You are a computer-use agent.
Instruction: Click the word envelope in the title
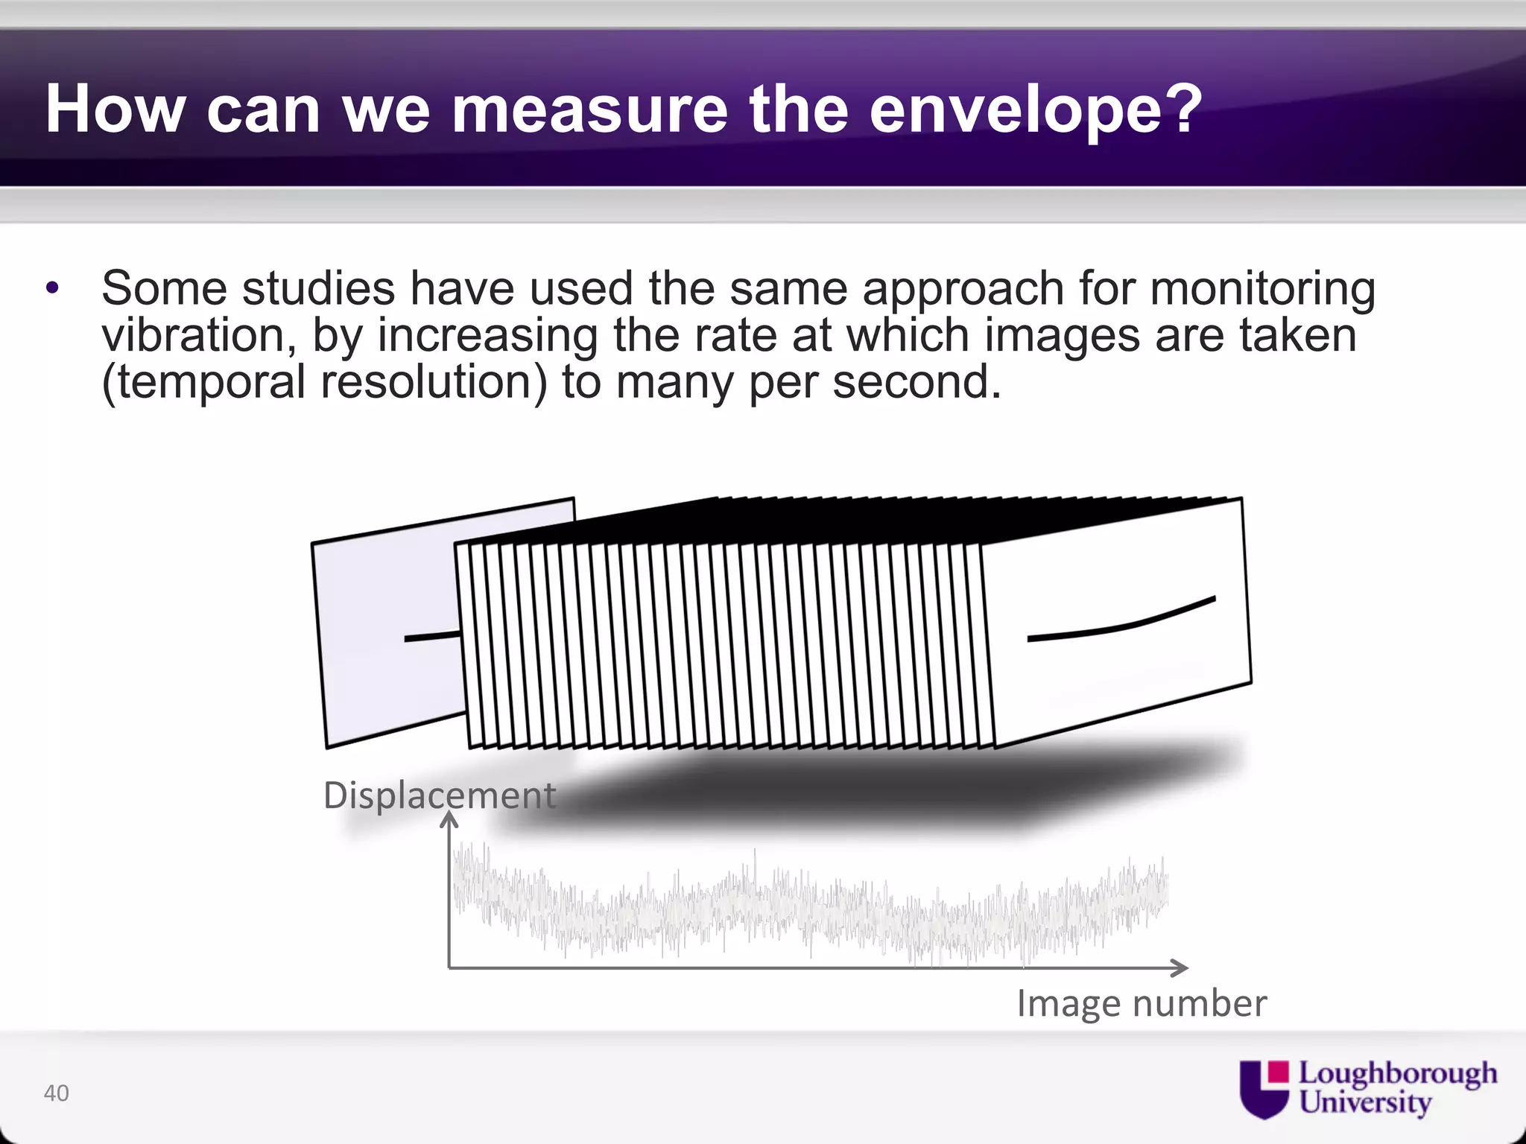click(1036, 109)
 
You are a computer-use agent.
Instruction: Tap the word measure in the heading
click(588, 109)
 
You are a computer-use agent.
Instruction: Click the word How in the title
click(115, 109)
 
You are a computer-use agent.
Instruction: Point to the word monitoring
click(1262, 290)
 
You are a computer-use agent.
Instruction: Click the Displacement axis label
click(439, 795)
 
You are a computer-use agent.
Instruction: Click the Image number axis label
click(1141, 1003)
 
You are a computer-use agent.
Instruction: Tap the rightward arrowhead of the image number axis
click(1180, 967)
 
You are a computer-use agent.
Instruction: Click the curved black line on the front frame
click(1121, 623)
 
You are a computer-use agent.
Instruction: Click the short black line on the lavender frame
click(432, 637)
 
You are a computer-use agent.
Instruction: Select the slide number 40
click(57, 1093)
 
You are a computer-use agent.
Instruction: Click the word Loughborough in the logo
click(1397, 1073)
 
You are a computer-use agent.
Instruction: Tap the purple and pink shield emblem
click(1264, 1089)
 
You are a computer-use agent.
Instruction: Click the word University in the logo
click(1365, 1102)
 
